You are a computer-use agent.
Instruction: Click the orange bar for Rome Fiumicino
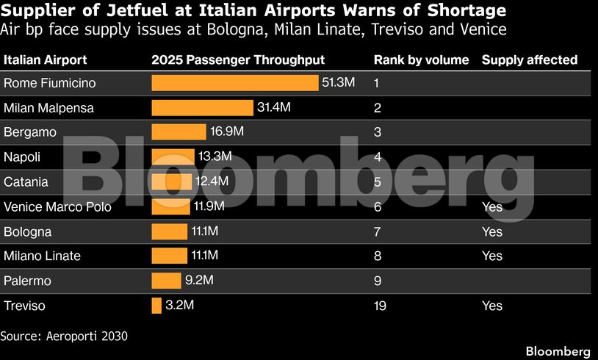[234, 83]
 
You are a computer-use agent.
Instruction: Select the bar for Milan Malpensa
[202, 108]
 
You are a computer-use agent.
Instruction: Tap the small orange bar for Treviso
[156, 306]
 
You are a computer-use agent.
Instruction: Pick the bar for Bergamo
[179, 132]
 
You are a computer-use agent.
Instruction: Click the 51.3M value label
[338, 83]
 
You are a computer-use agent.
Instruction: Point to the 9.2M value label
[198, 281]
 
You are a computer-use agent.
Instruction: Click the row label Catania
[26, 181]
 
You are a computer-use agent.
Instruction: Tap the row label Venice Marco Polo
[57, 206]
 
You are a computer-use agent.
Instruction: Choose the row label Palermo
[27, 281]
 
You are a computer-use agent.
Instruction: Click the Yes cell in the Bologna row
[492, 231]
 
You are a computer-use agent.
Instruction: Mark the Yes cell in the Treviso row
[492, 306]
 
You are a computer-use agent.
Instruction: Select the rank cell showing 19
[380, 306]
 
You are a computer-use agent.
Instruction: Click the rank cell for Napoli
[377, 157]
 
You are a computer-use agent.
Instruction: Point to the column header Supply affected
[529, 60]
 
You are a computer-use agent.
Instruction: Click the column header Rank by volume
[421, 60]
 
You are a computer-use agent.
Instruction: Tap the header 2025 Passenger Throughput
[237, 60]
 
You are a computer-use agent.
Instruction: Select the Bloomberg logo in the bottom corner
[558, 350]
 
